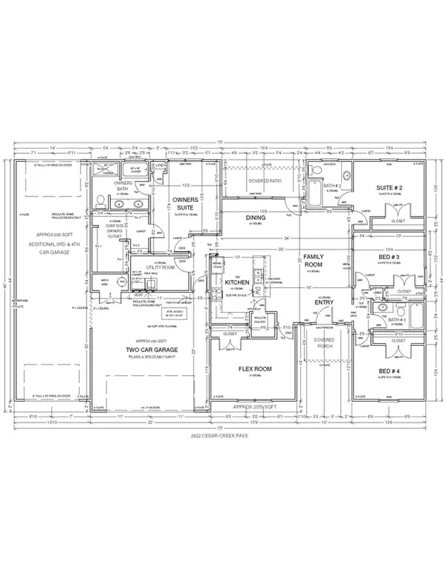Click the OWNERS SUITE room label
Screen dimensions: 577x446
point(183,203)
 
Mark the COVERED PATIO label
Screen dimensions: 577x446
point(265,179)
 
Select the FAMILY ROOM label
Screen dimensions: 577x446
point(310,259)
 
